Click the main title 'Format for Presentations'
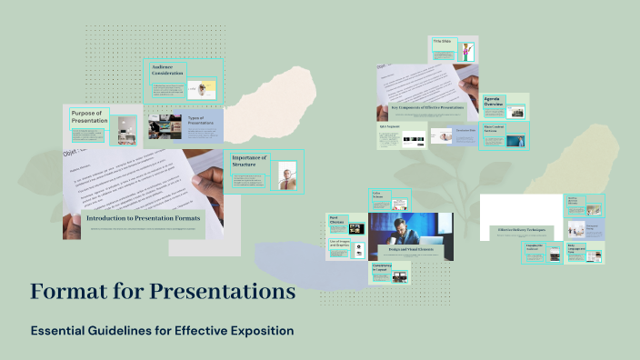click(163, 292)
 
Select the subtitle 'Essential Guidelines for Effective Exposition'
click(162, 330)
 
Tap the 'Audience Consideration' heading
click(168, 70)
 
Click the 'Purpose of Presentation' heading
click(90, 115)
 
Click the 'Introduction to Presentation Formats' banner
click(143, 218)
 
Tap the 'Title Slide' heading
click(443, 42)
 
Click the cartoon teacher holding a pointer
click(466, 51)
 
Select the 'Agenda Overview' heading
click(492, 101)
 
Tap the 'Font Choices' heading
click(335, 218)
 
